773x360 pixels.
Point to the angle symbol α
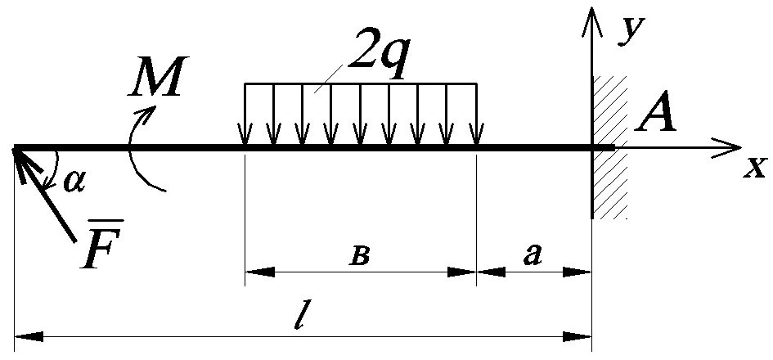pos(75,182)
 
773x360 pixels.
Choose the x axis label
pos(754,168)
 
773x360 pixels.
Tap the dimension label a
pos(533,255)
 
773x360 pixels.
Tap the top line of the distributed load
pos(360,83)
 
